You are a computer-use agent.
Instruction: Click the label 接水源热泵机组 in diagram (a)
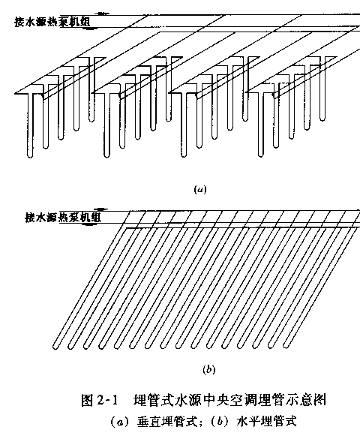click(52, 22)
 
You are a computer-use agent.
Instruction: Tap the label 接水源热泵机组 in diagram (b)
click(63, 217)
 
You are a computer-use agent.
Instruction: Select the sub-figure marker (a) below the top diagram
click(200, 190)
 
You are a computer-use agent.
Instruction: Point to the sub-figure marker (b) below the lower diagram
click(209, 369)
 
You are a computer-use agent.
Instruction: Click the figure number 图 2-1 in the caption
click(100, 401)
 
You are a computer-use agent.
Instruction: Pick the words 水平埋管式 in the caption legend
click(266, 422)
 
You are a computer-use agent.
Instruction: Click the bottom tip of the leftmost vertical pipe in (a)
click(30, 157)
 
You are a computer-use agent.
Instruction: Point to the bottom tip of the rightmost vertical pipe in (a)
click(322, 120)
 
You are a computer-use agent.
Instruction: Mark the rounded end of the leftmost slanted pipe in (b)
click(55, 347)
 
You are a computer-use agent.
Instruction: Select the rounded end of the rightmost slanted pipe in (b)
click(286, 346)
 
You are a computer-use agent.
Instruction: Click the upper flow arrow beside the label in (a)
click(102, 14)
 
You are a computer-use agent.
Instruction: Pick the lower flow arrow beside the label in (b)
click(89, 224)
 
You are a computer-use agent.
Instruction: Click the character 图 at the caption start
click(87, 401)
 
